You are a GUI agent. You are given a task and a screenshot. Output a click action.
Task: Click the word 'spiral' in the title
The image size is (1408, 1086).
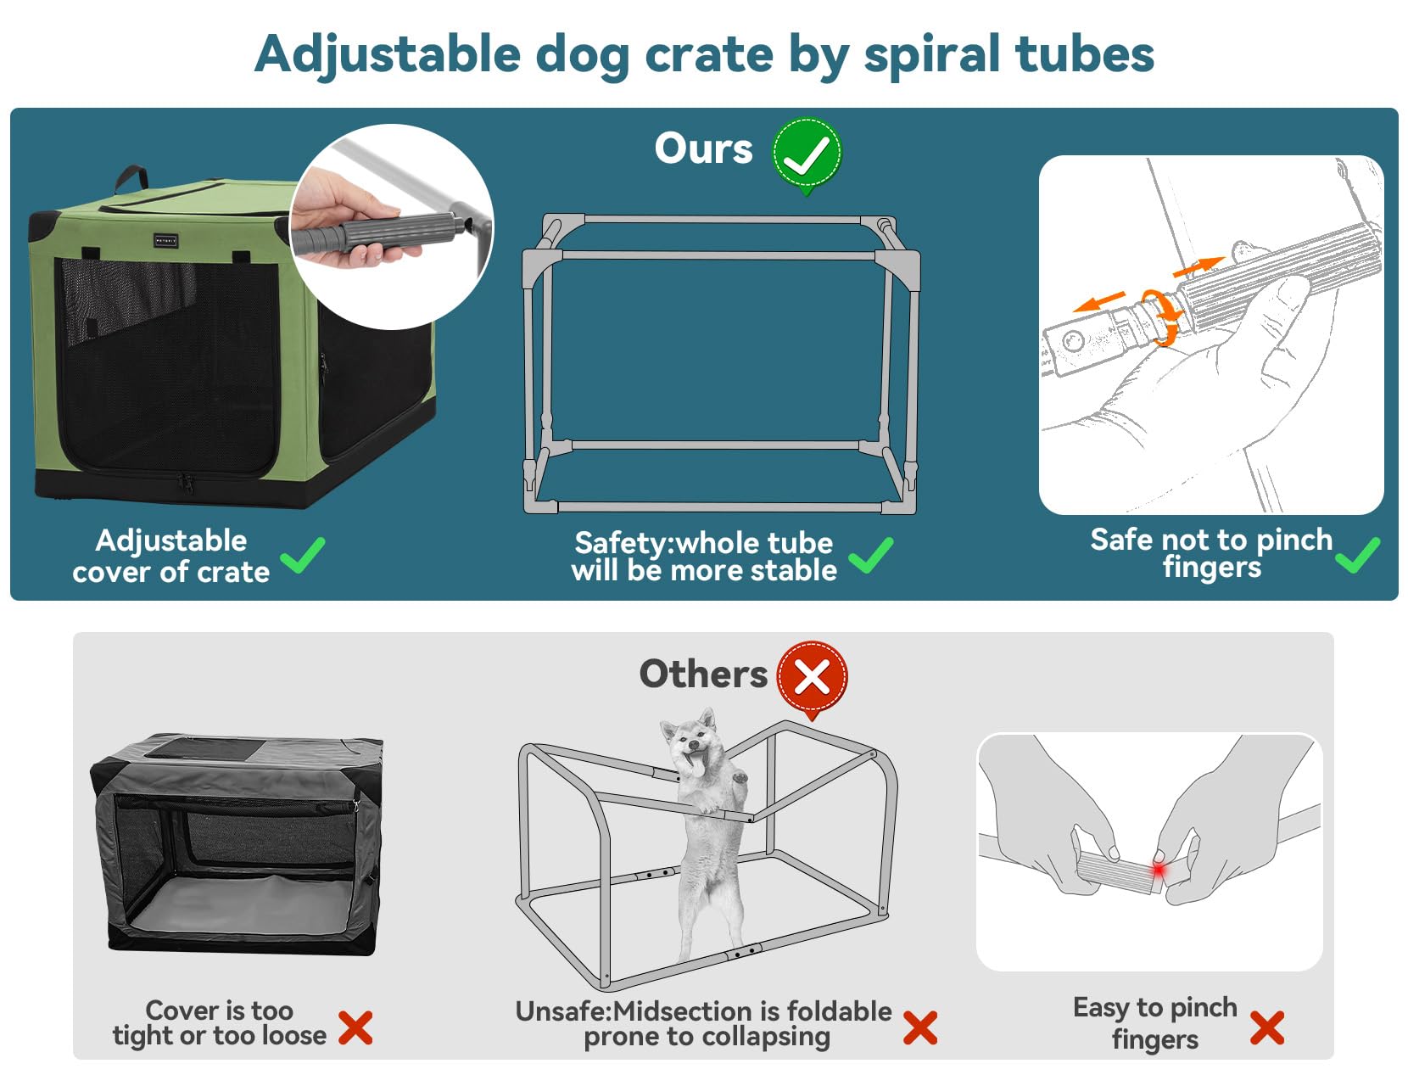pyautogui.click(x=931, y=55)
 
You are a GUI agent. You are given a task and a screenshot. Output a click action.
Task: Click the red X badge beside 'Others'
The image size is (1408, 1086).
pyautogui.click(x=812, y=677)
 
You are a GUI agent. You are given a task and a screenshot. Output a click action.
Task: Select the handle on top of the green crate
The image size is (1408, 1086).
pyautogui.click(x=131, y=179)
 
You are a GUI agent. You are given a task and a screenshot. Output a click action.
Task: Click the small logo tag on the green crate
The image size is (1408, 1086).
pyautogui.click(x=165, y=241)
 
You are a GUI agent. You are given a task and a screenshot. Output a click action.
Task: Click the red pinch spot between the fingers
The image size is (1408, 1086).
pyautogui.click(x=1158, y=870)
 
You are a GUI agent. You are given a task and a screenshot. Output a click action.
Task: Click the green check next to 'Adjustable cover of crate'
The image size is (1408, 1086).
pyautogui.click(x=303, y=556)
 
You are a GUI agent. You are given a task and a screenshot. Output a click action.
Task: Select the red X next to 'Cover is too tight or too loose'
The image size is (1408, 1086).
pyautogui.click(x=355, y=1027)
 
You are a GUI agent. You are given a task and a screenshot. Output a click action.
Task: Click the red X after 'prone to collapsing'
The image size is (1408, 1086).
pyautogui.click(x=919, y=1027)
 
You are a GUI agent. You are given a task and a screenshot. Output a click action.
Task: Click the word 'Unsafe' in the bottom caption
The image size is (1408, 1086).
pyautogui.click(x=561, y=1011)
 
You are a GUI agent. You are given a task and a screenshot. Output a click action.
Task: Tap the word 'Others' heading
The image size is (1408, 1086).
pyautogui.click(x=702, y=674)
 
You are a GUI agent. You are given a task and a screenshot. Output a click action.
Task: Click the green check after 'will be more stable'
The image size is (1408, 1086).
pyautogui.click(x=870, y=556)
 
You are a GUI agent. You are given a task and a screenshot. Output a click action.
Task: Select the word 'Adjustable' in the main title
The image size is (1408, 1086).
pyautogui.click(x=388, y=55)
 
